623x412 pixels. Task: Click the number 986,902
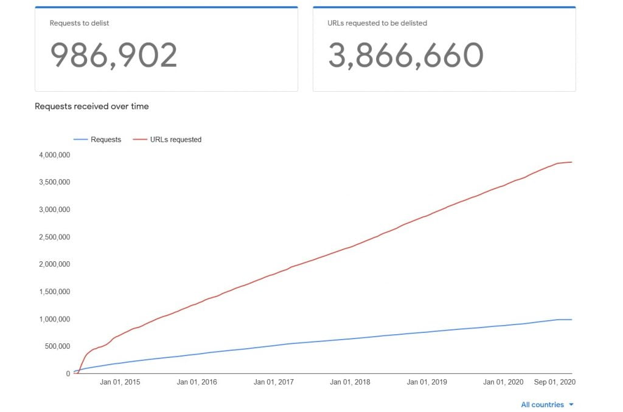pos(113,55)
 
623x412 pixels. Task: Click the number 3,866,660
pos(405,55)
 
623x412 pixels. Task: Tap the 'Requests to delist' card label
pos(79,23)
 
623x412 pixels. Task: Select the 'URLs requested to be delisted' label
pos(377,23)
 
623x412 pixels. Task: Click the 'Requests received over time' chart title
pos(91,106)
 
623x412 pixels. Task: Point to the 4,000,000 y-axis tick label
pos(54,155)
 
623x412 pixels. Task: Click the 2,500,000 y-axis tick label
pos(54,237)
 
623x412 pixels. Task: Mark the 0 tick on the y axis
pos(68,374)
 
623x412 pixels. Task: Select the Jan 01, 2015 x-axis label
pos(120,382)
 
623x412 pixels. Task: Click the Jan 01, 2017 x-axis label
pos(274,382)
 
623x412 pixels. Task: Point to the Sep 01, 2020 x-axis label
pos(555,382)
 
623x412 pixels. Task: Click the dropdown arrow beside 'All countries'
pos(571,405)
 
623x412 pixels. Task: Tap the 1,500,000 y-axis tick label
pos(54,292)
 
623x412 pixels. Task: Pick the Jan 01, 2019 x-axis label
pos(427,382)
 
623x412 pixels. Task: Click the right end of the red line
pos(572,162)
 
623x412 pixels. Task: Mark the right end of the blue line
pos(572,320)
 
